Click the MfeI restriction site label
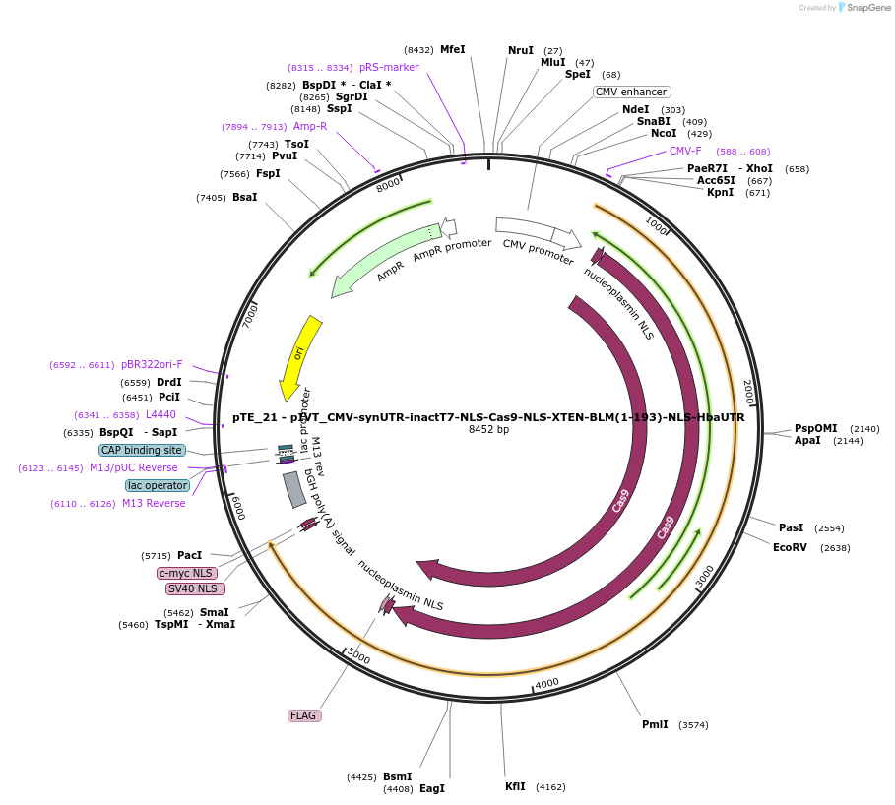[x=453, y=49]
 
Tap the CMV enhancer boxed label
[x=631, y=92]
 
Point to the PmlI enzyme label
[x=655, y=724]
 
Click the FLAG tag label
[x=303, y=715]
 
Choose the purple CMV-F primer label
[x=685, y=151]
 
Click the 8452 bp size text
[x=488, y=429]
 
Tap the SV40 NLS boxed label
[x=194, y=588]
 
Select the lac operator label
[x=157, y=485]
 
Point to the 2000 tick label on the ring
[x=747, y=391]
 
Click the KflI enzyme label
[x=515, y=786]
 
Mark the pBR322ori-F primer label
[x=152, y=364]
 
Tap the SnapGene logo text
[x=868, y=7]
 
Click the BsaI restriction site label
[x=245, y=197]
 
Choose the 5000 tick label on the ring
[x=358, y=656]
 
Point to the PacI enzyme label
[x=190, y=555]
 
